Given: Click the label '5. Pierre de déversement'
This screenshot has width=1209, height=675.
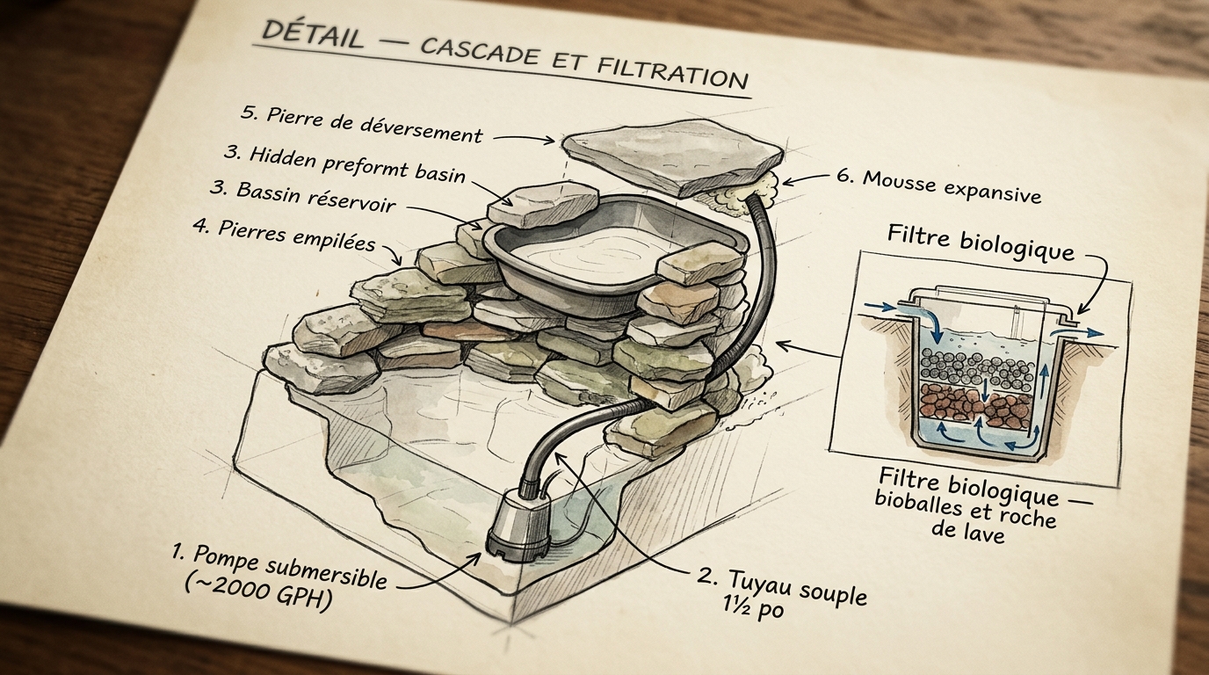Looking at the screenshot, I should click(x=361, y=124).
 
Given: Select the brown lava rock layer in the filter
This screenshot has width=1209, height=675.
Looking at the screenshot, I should click(x=966, y=403).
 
